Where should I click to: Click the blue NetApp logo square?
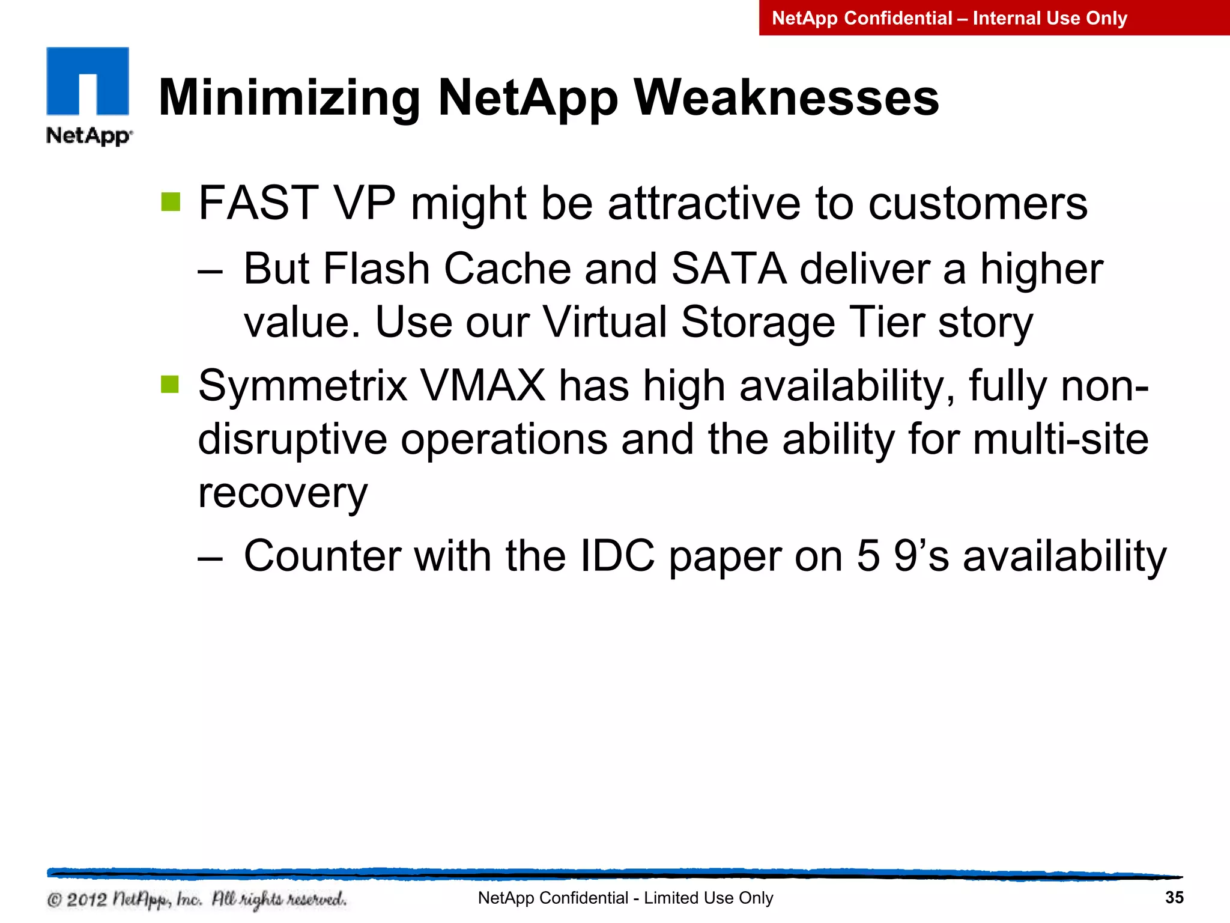click(x=88, y=81)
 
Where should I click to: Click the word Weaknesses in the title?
click(x=786, y=98)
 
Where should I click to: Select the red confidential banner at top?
click(x=994, y=18)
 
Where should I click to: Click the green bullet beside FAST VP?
click(x=171, y=202)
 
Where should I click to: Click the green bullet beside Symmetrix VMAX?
click(x=171, y=384)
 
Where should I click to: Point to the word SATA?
click(x=729, y=269)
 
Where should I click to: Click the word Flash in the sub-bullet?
click(x=377, y=269)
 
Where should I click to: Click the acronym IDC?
click(x=617, y=556)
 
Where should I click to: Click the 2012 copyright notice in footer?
click(x=197, y=900)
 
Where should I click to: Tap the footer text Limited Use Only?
click(x=708, y=898)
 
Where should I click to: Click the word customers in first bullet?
click(x=978, y=203)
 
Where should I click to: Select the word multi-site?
click(x=1060, y=439)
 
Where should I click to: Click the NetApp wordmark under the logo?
click(x=88, y=136)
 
